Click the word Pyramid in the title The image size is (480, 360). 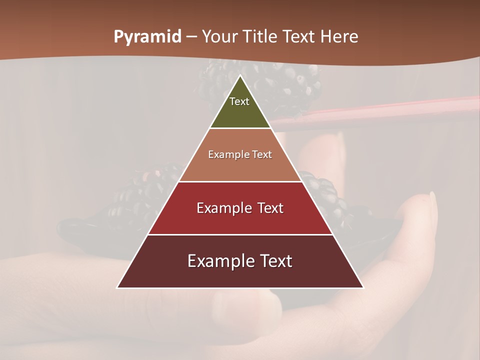(x=147, y=37)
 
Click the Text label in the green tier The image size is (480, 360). (x=239, y=101)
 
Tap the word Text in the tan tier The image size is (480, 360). (x=262, y=155)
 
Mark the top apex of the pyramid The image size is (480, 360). (x=240, y=76)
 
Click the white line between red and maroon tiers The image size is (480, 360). (x=240, y=234)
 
